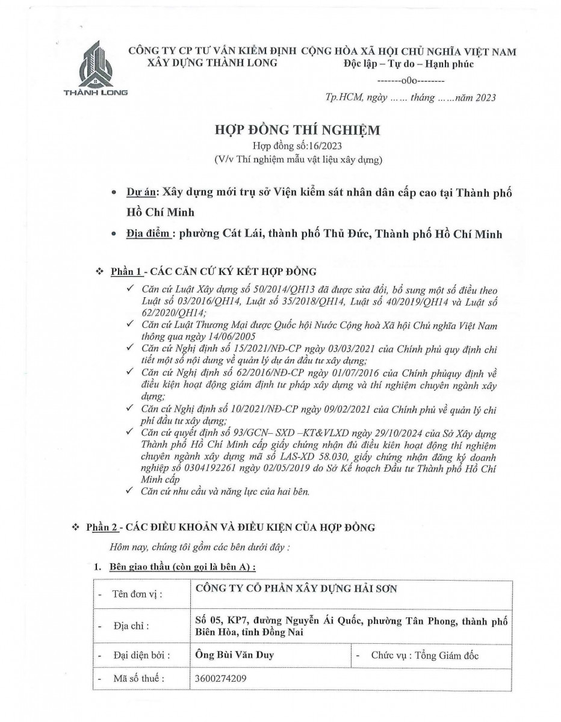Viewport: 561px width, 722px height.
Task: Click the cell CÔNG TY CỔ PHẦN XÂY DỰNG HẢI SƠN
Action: click(x=297, y=590)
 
